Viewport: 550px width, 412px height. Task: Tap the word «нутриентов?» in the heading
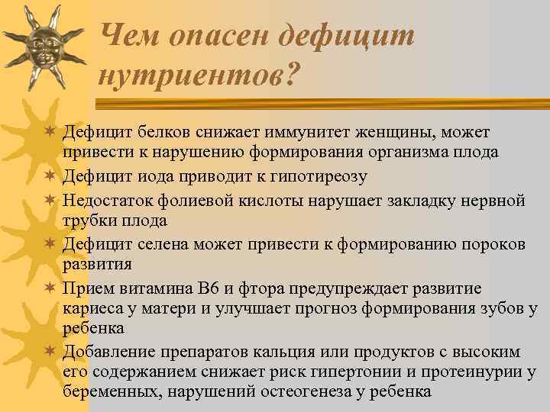[200, 75]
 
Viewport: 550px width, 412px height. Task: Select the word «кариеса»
[91, 309]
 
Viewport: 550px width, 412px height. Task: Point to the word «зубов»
[497, 309]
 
